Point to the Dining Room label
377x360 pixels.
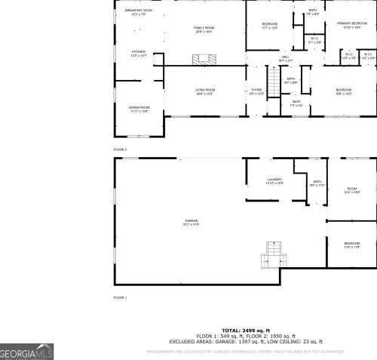(x=139, y=109)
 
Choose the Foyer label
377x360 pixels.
(x=257, y=91)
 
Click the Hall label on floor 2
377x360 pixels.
(x=286, y=58)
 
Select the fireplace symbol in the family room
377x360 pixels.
(x=204, y=59)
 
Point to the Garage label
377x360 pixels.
(x=191, y=222)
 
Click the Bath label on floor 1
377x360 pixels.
(x=317, y=183)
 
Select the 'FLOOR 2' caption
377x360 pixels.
(x=121, y=149)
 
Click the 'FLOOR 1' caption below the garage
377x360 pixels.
(x=121, y=297)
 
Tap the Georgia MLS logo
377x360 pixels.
(x=26, y=352)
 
